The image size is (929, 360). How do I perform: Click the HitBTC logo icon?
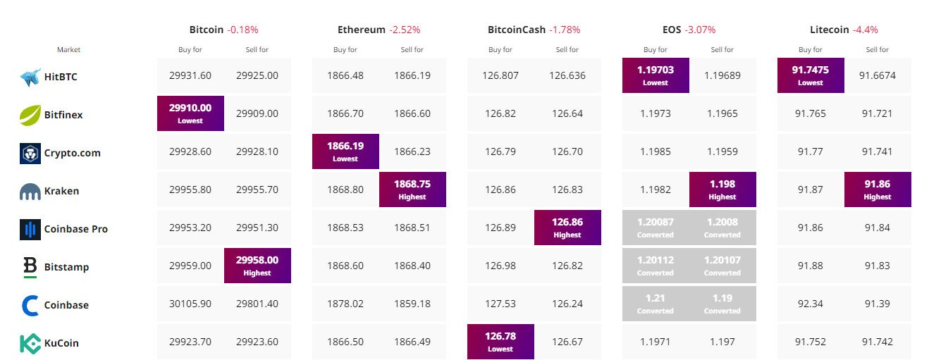coord(31,77)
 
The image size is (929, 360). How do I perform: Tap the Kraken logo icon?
coord(30,192)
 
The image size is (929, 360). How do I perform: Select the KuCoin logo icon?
coord(30,343)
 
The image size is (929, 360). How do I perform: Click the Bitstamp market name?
coord(66,267)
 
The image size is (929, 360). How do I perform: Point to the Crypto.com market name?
coord(72,153)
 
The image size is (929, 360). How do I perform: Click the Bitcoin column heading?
coord(206,30)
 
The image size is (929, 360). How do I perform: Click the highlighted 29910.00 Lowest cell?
coord(190,113)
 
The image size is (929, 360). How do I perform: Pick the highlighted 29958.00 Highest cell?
coord(257,266)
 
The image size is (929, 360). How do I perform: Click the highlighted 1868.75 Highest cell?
coord(412,190)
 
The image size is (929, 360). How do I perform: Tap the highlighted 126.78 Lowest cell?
coord(500,342)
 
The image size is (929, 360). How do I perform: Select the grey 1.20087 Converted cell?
coord(656,228)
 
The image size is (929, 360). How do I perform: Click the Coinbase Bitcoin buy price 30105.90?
coord(190,304)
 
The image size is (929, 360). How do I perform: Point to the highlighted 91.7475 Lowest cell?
coord(811,75)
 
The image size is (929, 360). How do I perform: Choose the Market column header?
coord(69,50)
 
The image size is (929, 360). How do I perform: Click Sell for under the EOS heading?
coord(722,50)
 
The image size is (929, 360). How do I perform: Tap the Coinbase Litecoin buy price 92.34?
coord(811,304)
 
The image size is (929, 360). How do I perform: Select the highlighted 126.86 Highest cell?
coord(568,228)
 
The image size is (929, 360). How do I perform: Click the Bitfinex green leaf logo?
coord(30,116)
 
